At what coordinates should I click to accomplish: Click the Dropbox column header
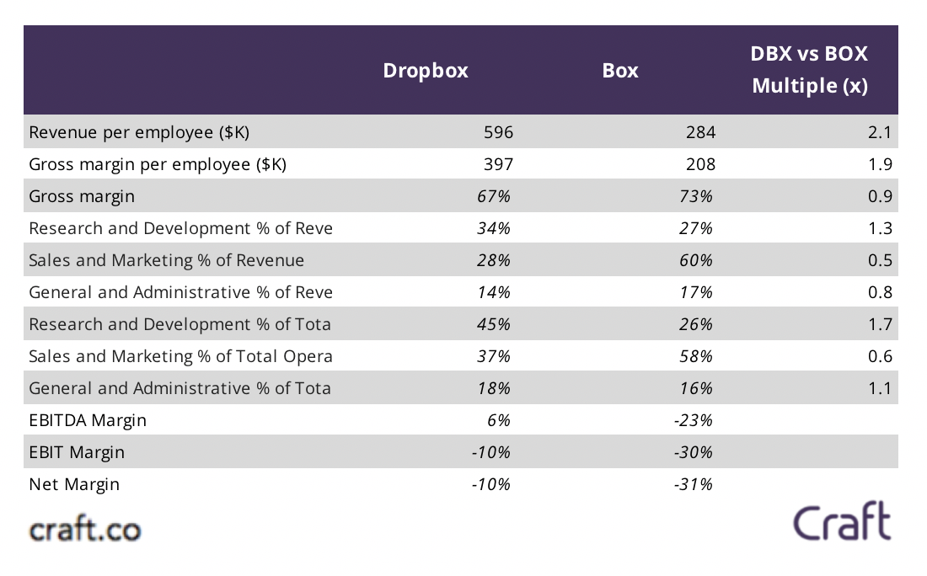tap(426, 71)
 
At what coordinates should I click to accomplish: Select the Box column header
tap(620, 71)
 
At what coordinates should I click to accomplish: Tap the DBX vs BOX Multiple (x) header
tap(809, 70)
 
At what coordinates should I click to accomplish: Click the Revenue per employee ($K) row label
tap(139, 132)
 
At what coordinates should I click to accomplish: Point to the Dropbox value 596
tap(498, 132)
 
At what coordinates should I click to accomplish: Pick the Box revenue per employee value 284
tap(700, 132)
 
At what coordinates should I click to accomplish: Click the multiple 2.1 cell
tap(880, 132)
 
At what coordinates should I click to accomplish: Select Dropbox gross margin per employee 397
tap(498, 164)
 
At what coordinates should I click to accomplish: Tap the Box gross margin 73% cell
tap(697, 196)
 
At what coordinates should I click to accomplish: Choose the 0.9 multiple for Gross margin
tap(880, 196)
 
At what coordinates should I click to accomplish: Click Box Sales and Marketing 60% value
tap(697, 260)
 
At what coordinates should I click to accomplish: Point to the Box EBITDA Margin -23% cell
tap(694, 420)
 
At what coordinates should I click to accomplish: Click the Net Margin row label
tap(74, 484)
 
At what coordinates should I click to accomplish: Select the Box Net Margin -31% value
tap(694, 484)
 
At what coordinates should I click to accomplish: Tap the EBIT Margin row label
tap(77, 452)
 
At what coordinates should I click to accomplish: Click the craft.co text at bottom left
tap(85, 530)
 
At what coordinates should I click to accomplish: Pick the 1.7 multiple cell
tap(880, 324)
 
